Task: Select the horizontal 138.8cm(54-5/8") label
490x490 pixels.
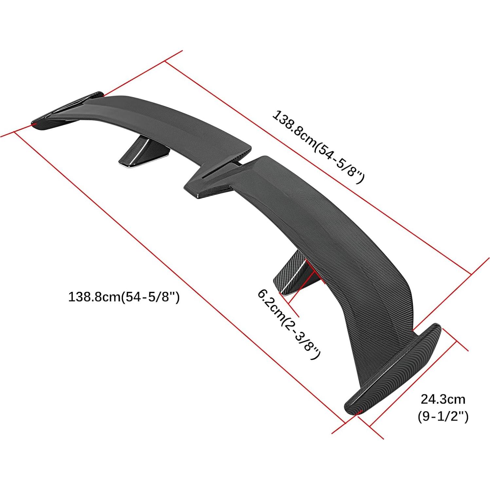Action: click(x=123, y=297)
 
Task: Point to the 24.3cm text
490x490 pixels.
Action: click(x=443, y=399)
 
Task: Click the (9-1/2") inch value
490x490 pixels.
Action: click(x=443, y=417)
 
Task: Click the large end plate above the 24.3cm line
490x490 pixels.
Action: click(x=393, y=370)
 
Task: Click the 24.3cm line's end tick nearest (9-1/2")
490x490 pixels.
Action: click(x=370, y=426)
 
